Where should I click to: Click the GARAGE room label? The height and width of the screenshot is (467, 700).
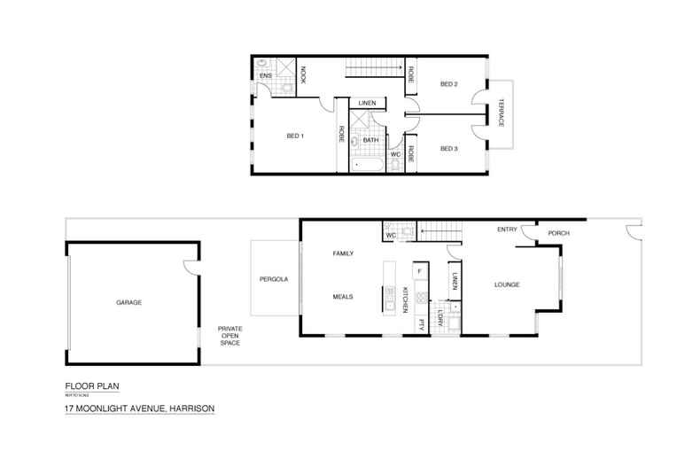click(x=128, y=302)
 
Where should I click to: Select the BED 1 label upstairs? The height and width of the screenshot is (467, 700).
click(x=295, y=136)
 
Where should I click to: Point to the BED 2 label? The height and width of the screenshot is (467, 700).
click(x=448, y=84)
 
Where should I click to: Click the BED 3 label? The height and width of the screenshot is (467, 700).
click(x=448, y=148)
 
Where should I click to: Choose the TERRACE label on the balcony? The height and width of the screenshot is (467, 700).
click(x=501, y=112)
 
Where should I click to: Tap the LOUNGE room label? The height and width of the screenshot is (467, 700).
click(x=506, y=284)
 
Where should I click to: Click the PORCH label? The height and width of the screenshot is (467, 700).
click(x=558, y=233)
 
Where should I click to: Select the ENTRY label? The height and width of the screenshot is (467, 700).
click(x=507, y=230)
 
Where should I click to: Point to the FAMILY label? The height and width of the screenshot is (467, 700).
click(x=343, y=253)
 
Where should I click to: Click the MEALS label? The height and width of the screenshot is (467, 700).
click(x=343, y=297)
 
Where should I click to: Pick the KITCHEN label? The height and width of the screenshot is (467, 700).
click(x=406, y=300)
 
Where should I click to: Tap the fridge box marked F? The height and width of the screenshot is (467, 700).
click(x=419, y=269)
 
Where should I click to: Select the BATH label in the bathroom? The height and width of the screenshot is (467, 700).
click(x=370, y=139)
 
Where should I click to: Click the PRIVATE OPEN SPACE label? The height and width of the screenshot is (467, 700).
click(x=230, y=335)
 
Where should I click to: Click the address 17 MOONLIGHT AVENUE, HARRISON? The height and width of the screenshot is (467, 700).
click(x=139, y=409)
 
